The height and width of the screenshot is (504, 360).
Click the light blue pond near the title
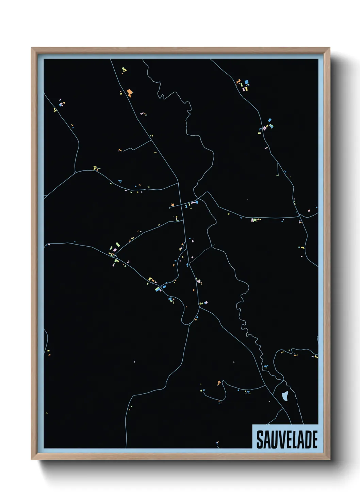point(285,396)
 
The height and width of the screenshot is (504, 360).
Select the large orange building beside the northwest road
point(129,92)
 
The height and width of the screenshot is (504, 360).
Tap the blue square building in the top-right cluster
point(246,82)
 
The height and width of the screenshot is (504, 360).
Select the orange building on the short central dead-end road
point(173,205)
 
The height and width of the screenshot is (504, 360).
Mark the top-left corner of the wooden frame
point(32,48)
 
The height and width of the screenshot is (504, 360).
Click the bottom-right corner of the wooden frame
point(329,459)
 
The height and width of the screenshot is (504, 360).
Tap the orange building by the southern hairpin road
point(219,383)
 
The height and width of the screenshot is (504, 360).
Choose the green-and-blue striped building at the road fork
point(158,289)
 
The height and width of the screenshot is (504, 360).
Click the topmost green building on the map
point(123,69)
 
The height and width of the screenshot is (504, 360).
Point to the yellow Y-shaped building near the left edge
point(55,110)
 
